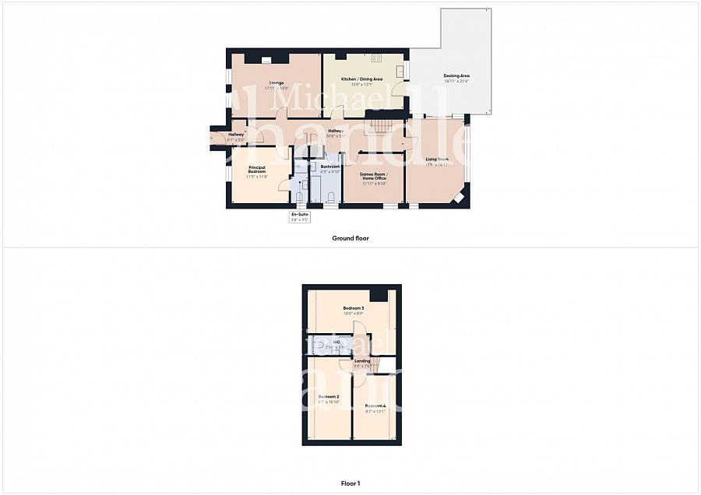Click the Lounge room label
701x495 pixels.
coord(277,82)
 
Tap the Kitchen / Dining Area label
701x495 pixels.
coord(363,79)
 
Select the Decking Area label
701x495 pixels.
coord(456,75)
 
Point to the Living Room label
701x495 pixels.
coord(436,159)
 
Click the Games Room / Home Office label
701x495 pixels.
coord(373,176)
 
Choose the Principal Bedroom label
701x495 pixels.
coord(257,169)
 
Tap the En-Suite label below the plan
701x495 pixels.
coord(300,213)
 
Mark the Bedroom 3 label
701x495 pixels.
coord(354,308)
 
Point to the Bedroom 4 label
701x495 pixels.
coord(375,405)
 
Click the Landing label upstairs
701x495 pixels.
coord(362,360)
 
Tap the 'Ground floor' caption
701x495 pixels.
coord(350,238)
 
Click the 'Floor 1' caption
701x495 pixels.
coord(350,483)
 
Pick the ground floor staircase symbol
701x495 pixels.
coord(381,125)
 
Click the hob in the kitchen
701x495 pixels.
coord(376,58)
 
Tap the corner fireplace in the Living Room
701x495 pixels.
coord(460,197)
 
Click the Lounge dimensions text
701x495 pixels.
coord(277,88)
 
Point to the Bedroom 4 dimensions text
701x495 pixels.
coord(375,411)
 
